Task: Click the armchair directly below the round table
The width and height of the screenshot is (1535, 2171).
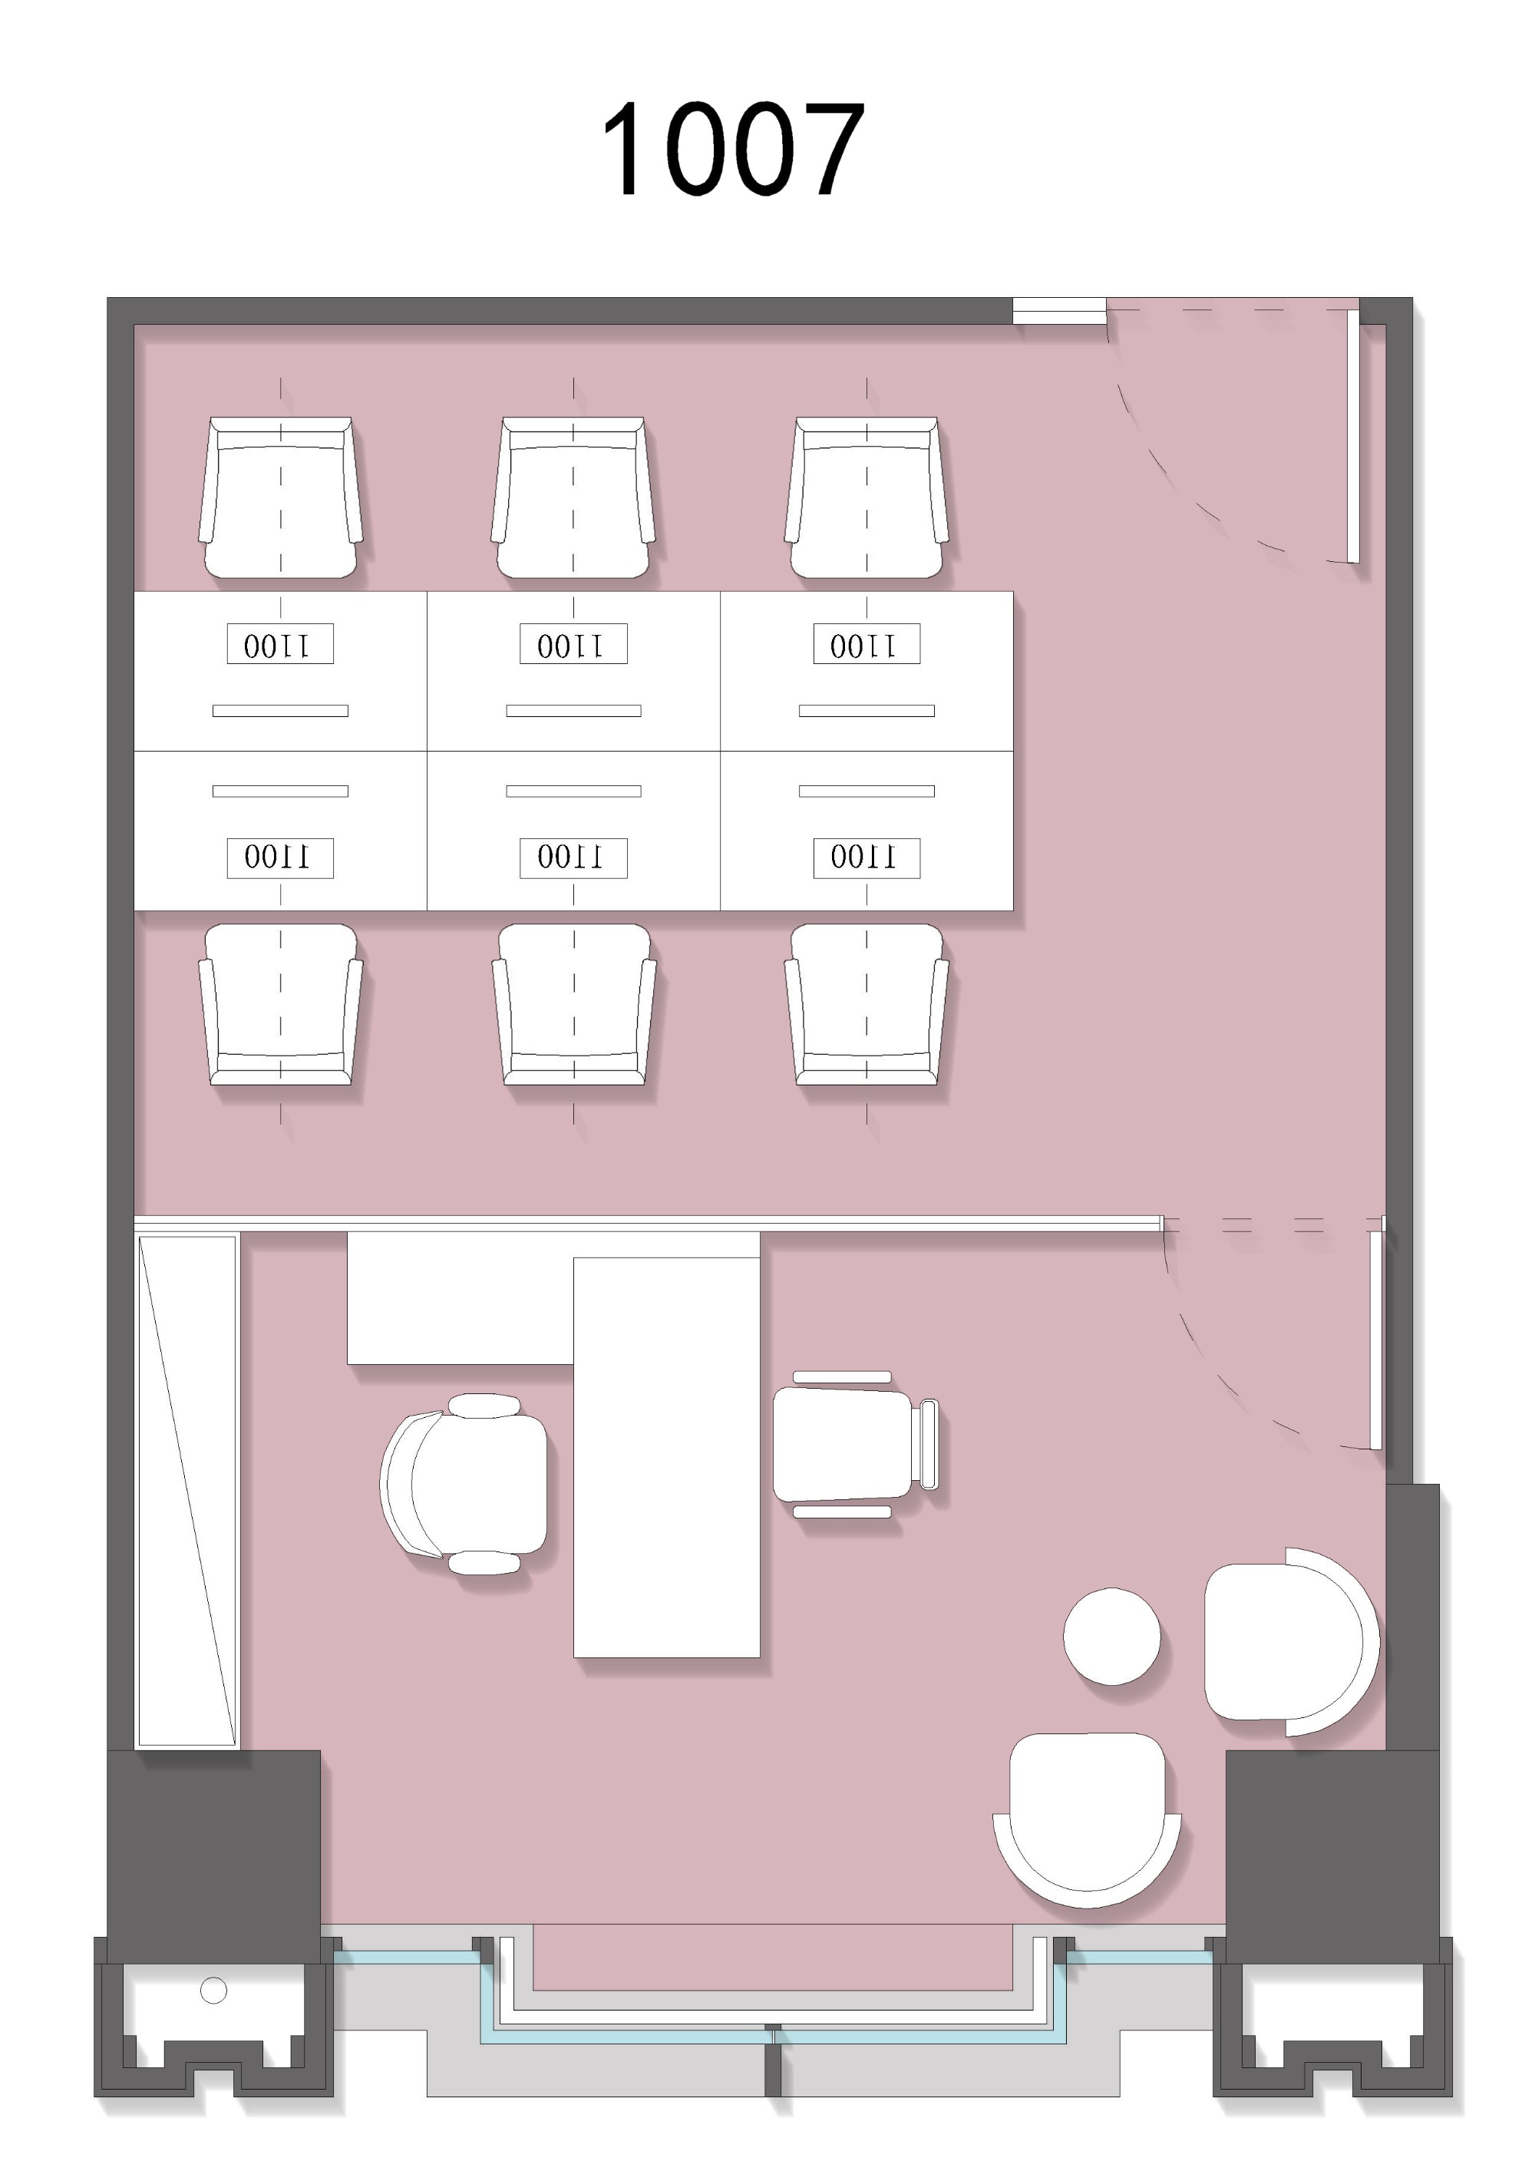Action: pos(1087,1819)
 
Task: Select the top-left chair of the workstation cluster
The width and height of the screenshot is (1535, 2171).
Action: pos(280,497)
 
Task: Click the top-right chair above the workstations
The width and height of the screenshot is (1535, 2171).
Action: pos(866,497)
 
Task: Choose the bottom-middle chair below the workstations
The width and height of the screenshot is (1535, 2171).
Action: pos(574,1004)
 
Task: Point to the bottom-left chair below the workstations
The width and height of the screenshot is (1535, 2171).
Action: pos(280,1004)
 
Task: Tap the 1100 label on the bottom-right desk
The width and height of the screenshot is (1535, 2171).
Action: pos(867,857)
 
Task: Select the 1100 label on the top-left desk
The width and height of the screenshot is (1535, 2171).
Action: pos(280,644)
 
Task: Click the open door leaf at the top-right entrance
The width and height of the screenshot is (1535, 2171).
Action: pos(1354,436)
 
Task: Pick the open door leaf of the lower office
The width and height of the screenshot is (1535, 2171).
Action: pos(1376,1339)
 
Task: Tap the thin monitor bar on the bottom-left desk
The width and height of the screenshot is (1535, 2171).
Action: pos(280,791)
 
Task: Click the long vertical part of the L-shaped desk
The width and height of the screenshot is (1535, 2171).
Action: pos(666,1457)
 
